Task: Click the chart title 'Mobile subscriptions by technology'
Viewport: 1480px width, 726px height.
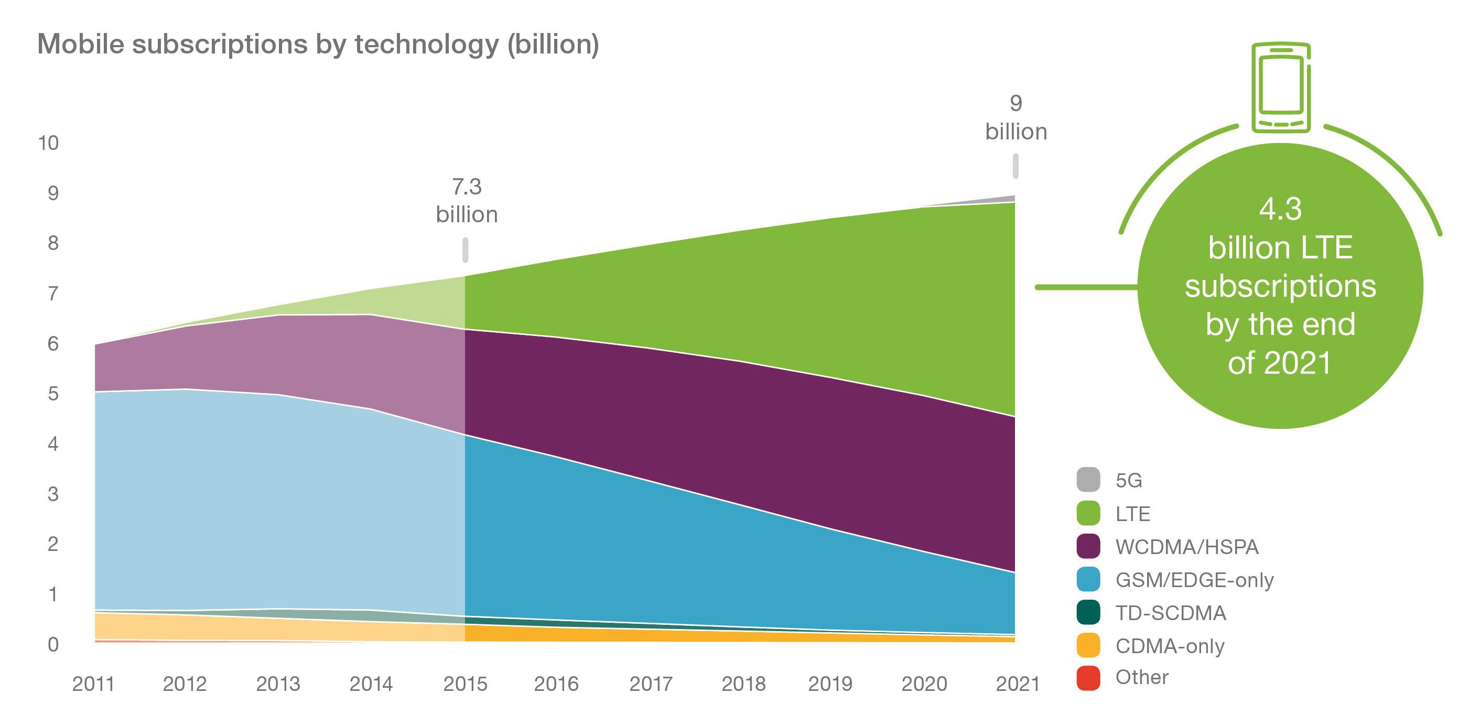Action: [318, 44]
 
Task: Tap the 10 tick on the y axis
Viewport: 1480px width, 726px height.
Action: [48, 143]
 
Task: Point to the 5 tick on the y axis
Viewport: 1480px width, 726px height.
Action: [53, 394]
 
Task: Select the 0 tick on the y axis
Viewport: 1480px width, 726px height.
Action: [53, 644]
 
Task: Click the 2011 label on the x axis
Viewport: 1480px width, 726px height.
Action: [93, 684]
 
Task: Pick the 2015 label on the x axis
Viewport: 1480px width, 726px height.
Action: [465, 684]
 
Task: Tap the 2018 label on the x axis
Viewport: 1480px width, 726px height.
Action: [743, 684]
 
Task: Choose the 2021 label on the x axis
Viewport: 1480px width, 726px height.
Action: [1017, 684]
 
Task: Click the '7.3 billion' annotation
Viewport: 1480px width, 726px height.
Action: [467, 200]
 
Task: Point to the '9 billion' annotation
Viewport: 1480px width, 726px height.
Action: [1016, 118]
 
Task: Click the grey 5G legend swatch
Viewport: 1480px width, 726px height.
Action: [1088, 480]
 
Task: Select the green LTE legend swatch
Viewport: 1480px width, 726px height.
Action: [1088, 513]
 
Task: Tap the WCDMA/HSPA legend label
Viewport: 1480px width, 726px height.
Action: [1186, 547]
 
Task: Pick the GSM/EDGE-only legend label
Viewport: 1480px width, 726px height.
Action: [1194, 580]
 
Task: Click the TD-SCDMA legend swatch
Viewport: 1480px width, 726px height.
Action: [1088, 612]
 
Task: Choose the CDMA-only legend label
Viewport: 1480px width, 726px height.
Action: [1170, 646]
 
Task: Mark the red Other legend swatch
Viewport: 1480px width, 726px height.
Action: [1088, 678]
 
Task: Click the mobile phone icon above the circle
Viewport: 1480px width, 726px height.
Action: [1281, 88]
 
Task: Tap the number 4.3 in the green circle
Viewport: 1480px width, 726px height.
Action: [1280, 209]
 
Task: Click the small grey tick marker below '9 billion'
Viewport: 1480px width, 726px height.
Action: [1015, 166]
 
